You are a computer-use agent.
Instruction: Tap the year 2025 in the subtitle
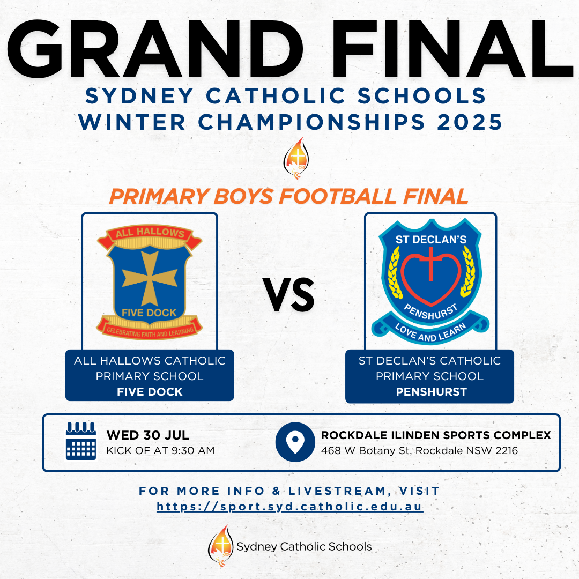tap(469, 122)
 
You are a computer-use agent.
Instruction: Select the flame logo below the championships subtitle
tap(296, 158)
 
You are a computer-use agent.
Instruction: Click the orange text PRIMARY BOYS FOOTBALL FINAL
tap(289, 196)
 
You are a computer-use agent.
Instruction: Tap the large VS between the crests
tap(289, 295)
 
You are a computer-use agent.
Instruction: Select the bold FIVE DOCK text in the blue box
tap(150, 392)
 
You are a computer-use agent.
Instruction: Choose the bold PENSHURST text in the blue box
tap(431, 392)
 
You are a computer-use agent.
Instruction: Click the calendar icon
tap(81, 441)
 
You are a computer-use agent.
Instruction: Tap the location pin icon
tap(295, 442)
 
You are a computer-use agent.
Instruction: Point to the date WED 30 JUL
tap(148, 435)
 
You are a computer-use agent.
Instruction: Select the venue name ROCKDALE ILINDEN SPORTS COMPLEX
tap(436, 435)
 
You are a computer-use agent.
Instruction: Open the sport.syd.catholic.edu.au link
tap(290, 507)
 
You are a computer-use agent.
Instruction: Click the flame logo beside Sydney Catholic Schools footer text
tap(221, 546)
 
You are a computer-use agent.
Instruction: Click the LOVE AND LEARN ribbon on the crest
tap(430, 330)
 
